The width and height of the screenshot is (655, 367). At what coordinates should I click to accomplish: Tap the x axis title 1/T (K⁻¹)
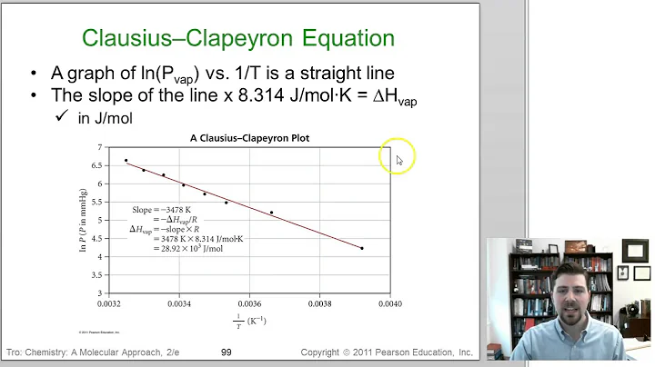(x=249, y=321)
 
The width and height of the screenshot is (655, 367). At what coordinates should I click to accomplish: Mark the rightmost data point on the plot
(x=362, y=248)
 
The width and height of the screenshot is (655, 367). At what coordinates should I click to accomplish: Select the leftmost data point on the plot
(x=126, y=161)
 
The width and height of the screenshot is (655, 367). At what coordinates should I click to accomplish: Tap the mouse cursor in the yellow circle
(x=398, y=160)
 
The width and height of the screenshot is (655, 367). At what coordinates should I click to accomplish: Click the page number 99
(x=227, y=352)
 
